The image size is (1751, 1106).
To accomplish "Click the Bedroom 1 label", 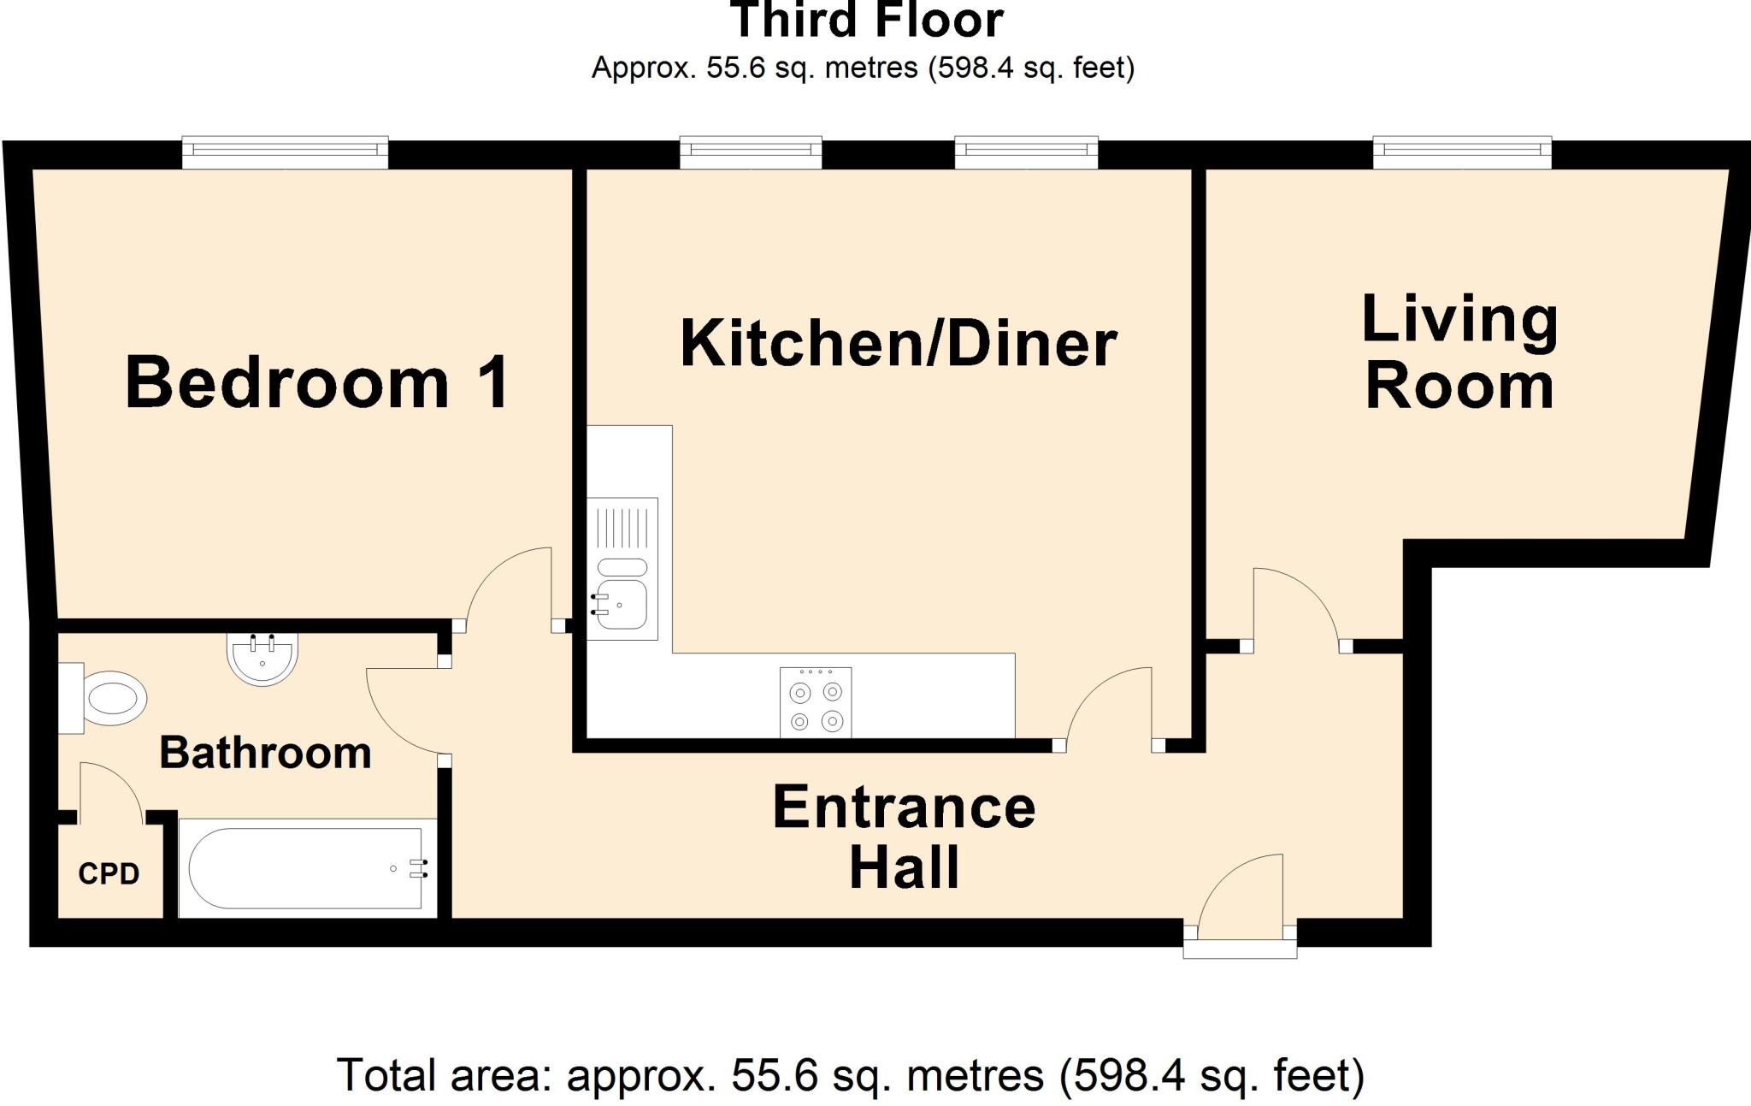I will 317,382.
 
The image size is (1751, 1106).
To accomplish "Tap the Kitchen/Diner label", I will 898,344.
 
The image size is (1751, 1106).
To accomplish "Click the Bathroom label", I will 265,754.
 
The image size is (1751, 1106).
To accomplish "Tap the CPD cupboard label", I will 109,874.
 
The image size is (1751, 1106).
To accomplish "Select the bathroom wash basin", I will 262,659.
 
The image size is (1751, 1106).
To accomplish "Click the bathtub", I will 306,868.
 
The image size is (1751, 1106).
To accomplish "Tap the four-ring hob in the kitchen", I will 816,702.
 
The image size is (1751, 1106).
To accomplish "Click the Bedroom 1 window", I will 285,152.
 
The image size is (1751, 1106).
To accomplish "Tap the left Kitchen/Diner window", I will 751,152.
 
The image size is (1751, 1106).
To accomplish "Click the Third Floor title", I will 867,21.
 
